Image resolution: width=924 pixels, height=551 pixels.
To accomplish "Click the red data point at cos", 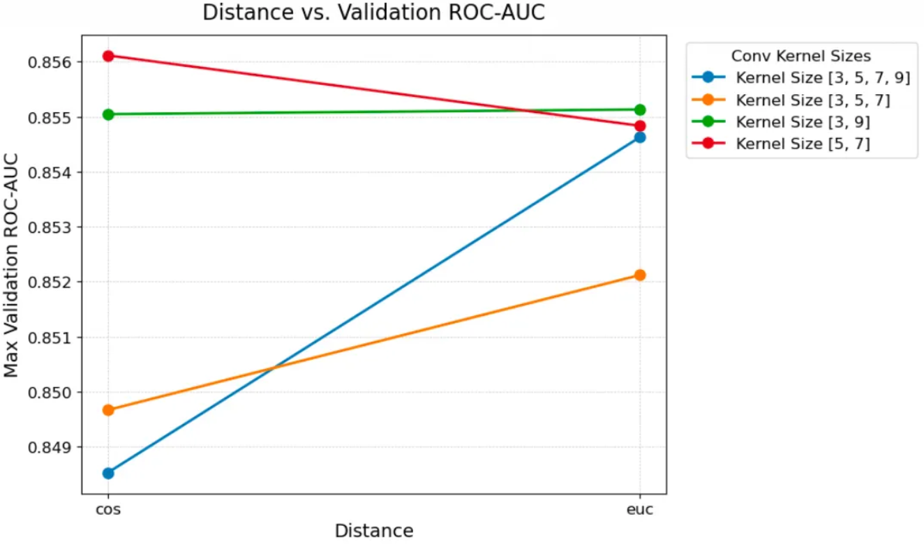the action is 108,56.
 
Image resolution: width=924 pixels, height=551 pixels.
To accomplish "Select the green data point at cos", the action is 108,114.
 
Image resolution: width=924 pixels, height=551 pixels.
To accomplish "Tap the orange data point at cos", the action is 108,410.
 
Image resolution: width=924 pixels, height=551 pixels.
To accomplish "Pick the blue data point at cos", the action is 108,473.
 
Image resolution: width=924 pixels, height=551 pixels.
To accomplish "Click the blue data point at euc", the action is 640,137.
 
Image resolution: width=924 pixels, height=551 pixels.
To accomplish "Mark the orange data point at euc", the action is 640,275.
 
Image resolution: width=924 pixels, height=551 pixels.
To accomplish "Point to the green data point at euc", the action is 640,110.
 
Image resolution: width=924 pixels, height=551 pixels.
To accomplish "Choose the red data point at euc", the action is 640,126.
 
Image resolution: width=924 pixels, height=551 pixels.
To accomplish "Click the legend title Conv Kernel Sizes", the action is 800,56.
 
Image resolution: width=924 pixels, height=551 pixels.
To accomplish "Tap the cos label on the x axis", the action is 108,510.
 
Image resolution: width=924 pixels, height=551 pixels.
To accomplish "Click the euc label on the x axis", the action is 640,510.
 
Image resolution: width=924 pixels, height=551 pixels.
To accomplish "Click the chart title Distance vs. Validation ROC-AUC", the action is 374,13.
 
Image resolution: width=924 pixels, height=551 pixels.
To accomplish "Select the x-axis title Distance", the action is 374,531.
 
